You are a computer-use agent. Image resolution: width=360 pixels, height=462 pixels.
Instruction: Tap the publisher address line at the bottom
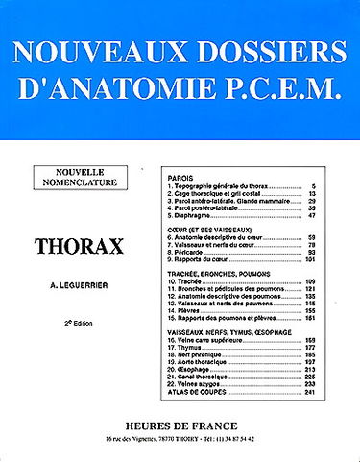click(180, 438)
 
